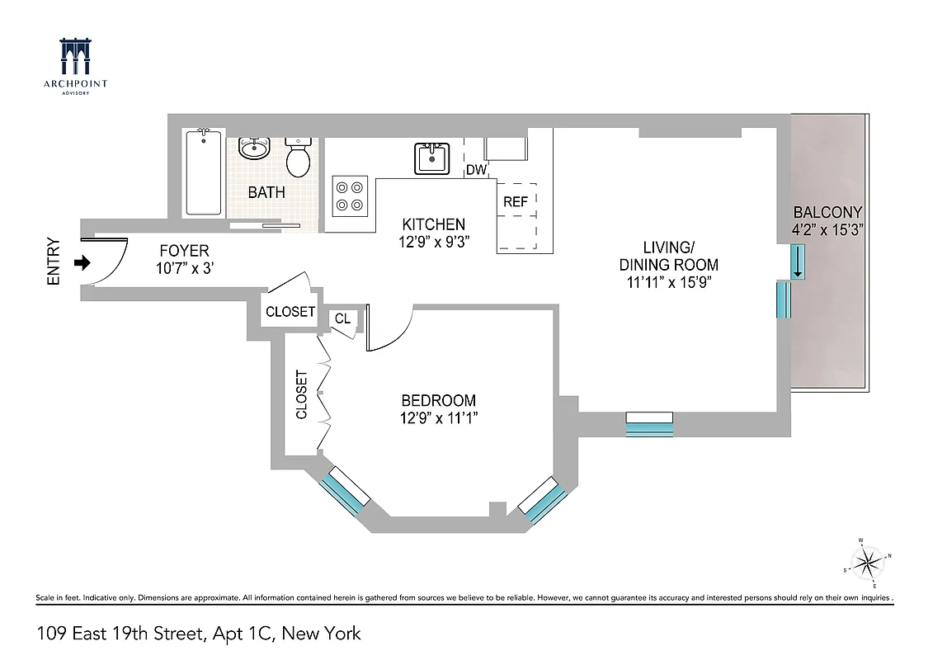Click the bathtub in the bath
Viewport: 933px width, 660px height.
click(x=203, y=172)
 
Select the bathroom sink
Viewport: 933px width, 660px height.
click(x=254, y=148)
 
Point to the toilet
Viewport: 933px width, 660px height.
click(x=298, y=157)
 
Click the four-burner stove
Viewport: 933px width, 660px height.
click(x=349, y=196)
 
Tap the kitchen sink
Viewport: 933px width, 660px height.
click(x=431, y=157)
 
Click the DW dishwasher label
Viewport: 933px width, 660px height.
click(x=476, y=170)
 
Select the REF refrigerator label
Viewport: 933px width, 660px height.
click(x=516, y=201)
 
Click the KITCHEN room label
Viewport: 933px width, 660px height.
click(x=433, y=224)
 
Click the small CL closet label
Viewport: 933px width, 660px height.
click(x=342, y=319)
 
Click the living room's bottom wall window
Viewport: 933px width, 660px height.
click(x=649, y=423)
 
